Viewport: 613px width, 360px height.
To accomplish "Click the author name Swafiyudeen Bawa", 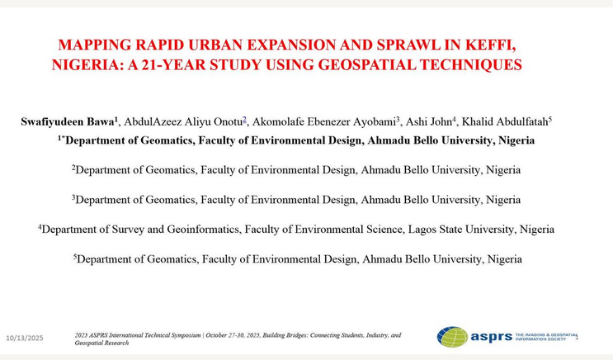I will click(x=67, y=121).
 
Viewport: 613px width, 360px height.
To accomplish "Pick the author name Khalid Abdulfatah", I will click(x=504, y=121).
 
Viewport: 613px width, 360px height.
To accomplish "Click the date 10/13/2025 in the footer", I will click(x=25, y=339).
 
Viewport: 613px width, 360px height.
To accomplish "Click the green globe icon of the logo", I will click(x=452, y=336).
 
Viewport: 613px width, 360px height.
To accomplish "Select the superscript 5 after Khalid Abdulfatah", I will click(x=550, y=119).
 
